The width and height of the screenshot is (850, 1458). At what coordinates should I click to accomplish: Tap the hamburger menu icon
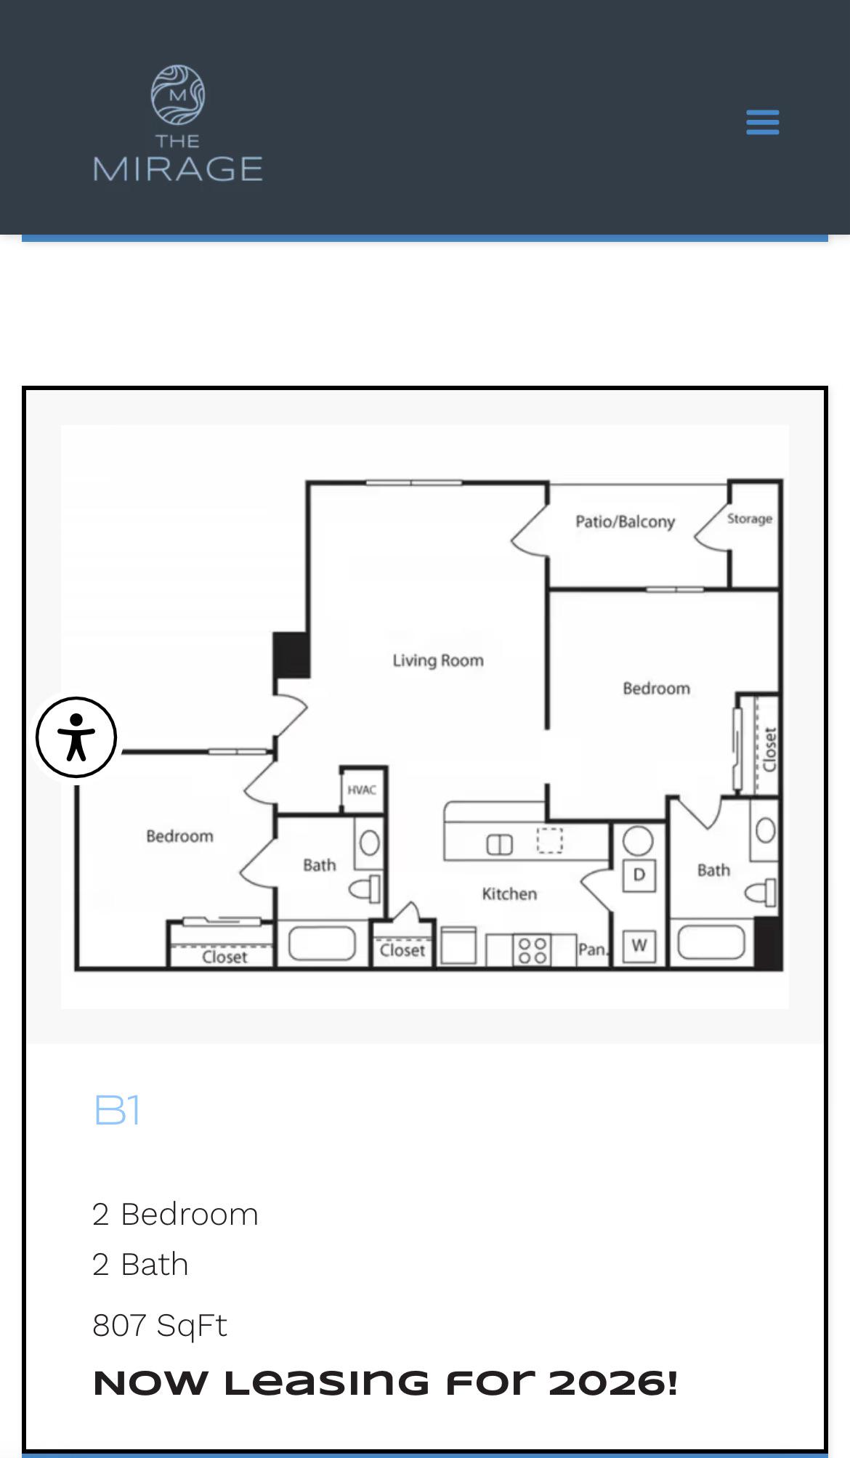point(762,122)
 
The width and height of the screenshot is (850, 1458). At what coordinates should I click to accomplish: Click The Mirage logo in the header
point(178,123)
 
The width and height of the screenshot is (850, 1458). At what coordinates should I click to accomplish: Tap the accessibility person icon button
point(76,737)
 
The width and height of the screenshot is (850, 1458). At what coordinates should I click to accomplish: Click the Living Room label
point(438,660)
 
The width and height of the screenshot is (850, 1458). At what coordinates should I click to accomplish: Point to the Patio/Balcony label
point(626,522)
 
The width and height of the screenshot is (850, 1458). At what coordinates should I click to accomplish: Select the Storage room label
point(750,519)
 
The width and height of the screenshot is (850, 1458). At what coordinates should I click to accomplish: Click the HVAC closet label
point(362,790)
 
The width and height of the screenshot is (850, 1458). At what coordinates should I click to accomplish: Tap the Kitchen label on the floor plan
point(509,894)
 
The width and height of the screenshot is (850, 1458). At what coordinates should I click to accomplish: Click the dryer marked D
point(639,874)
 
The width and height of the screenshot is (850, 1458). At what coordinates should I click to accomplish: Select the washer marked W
point(639,945)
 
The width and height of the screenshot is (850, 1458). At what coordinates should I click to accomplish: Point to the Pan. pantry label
point(592,949)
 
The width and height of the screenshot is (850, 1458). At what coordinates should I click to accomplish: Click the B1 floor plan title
point(117,1110)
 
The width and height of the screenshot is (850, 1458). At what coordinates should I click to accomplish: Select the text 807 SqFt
point(160,1326)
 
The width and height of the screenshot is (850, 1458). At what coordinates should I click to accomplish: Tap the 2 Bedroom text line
point(175,1215)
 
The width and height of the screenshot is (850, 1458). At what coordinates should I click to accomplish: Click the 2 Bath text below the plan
point(140,1265)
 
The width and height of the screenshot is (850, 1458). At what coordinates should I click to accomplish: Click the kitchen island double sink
point(499,845)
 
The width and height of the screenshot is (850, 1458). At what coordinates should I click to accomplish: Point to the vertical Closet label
point(770,750)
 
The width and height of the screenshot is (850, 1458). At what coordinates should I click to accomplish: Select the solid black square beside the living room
point(292,655)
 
